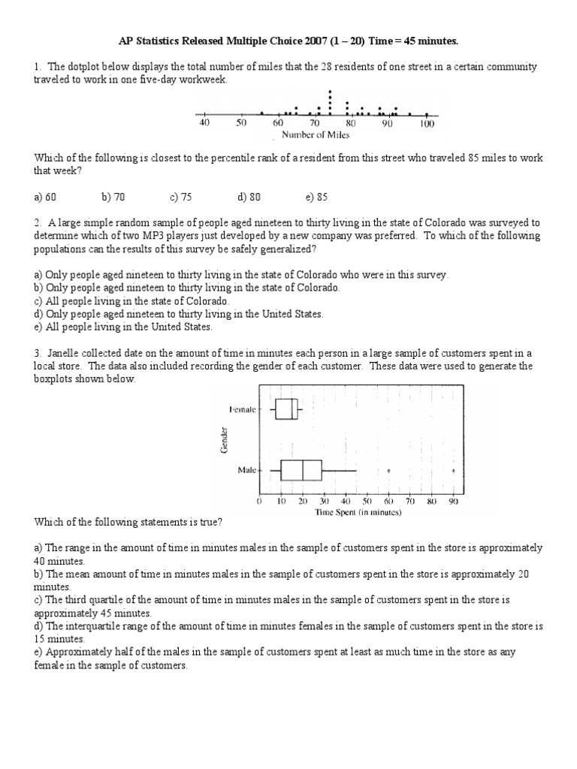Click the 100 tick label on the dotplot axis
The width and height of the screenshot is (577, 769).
[x=427, y=124]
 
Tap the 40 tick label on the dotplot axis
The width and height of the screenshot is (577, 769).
[x=204, y=124]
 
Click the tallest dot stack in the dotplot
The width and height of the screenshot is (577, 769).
[x=330, y=102]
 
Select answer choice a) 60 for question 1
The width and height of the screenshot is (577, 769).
[x=45, y=198]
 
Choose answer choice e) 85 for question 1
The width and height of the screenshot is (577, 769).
[x=316, y=198]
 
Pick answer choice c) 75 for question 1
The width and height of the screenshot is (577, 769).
[x=181, y=198]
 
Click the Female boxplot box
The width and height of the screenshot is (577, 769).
[x=286, y=409]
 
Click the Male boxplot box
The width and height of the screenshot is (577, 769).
[x=301, y=471]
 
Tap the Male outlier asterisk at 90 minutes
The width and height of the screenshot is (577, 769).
[x=453, y=472]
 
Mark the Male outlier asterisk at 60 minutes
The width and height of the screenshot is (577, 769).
[x=388, y=472]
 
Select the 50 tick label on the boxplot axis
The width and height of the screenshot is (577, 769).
[x=367, y=501]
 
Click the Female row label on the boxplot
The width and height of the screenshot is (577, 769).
[x=242, y=409]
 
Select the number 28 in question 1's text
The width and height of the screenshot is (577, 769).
[x=328, y=67]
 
